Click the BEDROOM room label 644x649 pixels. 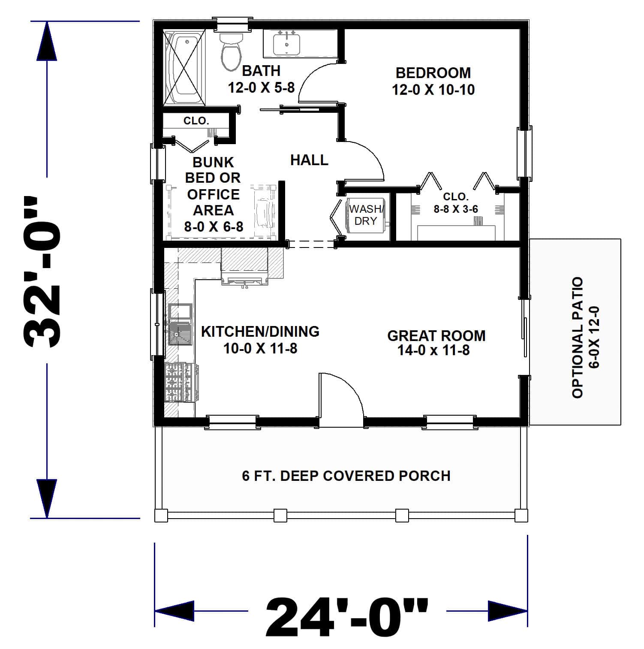coord(433,73)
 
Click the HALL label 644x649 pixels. coord(309,160)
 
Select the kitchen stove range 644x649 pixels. coord(181,382)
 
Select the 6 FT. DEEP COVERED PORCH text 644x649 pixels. coord(346,476)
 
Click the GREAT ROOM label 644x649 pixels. coord(436,335)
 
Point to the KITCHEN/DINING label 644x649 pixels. coord(260,331)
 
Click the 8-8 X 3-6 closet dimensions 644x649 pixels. coord(456,209)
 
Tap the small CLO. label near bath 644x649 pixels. coord(196,121)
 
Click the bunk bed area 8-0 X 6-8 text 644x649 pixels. coord(214,226)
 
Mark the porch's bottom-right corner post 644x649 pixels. coord(521,515)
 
